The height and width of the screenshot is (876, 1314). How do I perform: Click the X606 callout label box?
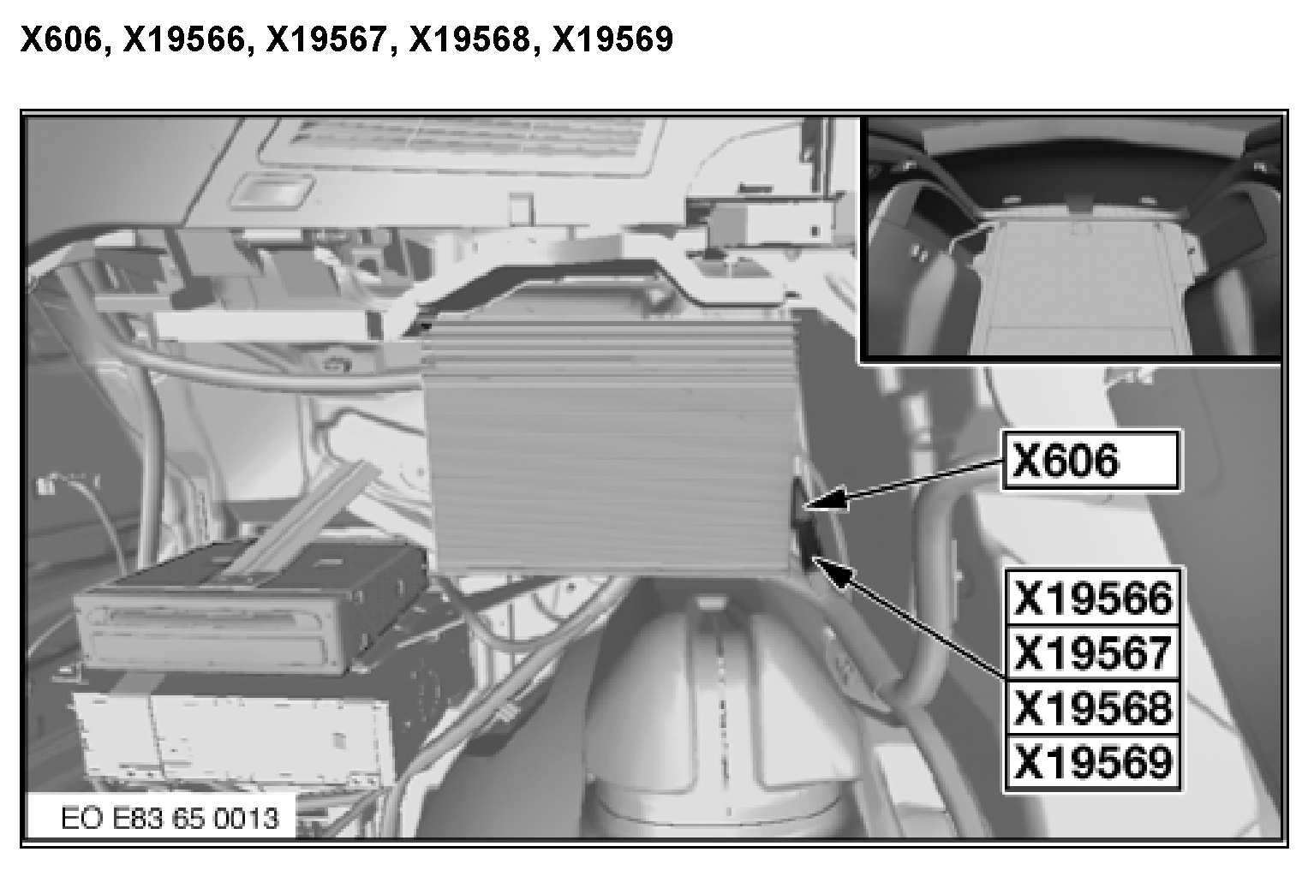(1090, 461)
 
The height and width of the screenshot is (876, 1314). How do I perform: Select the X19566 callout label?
(1092, 598)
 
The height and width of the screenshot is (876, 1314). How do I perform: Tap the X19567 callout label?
(1092, 653)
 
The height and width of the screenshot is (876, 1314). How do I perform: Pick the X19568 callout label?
(1092, 707)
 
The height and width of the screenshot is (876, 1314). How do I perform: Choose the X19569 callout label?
(1092, 762)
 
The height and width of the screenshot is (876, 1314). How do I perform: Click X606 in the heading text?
(61, 39)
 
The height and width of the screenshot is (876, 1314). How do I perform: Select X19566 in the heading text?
(183, 39)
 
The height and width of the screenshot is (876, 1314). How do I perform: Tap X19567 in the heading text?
(326, 39)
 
